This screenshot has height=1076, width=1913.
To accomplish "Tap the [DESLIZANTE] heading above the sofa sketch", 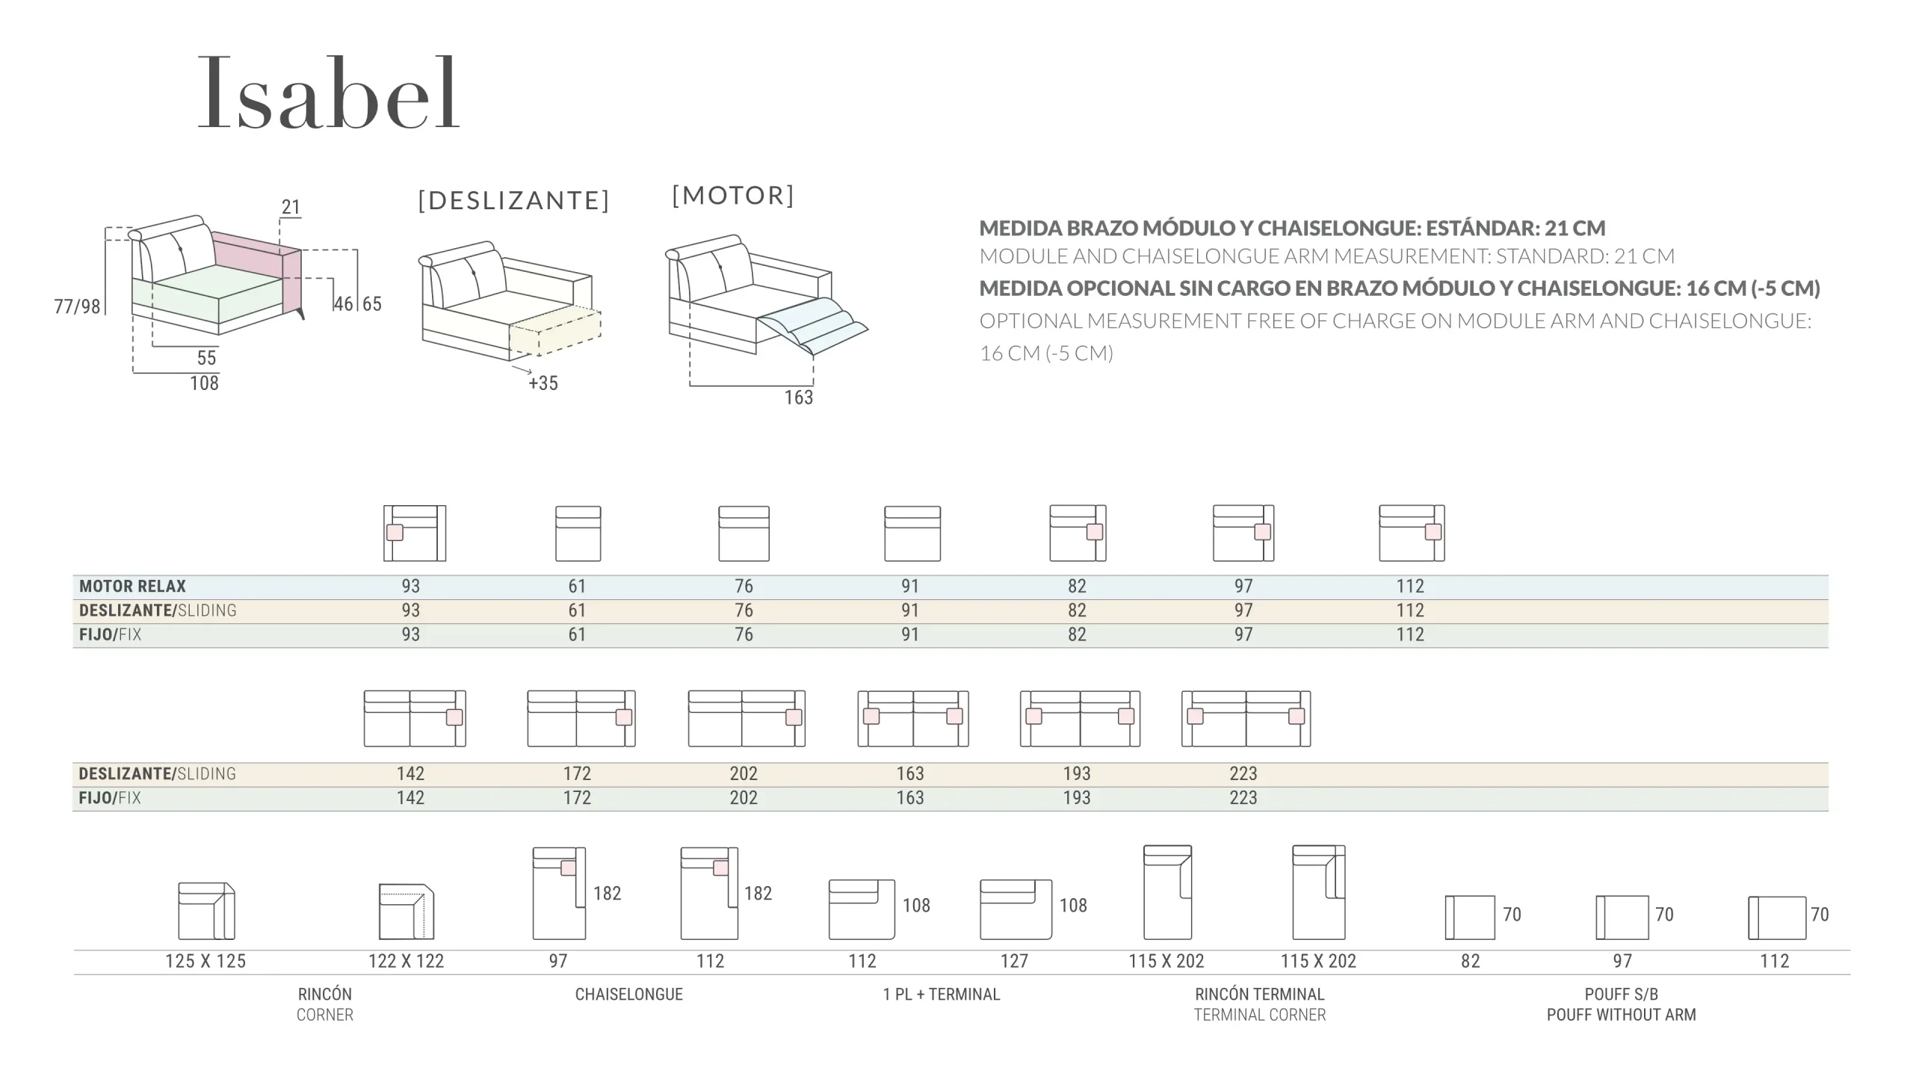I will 514,200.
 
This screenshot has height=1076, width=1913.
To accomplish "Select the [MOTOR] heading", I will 733,195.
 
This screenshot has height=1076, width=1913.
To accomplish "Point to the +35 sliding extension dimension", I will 543,383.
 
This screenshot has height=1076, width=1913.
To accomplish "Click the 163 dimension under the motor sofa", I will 798,398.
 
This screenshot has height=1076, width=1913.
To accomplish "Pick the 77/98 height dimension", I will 77,306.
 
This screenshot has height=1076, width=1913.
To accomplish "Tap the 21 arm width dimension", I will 291,207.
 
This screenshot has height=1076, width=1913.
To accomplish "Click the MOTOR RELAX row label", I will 132,587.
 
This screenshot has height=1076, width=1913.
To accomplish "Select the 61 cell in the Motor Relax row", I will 577,587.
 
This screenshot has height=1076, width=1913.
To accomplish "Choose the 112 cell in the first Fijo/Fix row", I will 1410,634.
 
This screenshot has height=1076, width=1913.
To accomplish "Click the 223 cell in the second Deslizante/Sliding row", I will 1243,773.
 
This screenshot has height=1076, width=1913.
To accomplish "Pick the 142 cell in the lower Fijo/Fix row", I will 410,797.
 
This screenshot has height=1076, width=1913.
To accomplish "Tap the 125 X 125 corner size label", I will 205,961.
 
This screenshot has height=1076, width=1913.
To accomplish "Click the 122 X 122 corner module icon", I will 406,912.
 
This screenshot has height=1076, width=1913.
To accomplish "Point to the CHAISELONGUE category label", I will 628,995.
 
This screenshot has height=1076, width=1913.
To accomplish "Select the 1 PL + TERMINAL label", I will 941,995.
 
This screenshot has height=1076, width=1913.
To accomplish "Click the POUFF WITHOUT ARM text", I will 1621,1015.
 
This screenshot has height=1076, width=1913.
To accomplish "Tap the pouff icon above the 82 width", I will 1470,917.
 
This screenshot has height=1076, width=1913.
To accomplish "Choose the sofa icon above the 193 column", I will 1080,718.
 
